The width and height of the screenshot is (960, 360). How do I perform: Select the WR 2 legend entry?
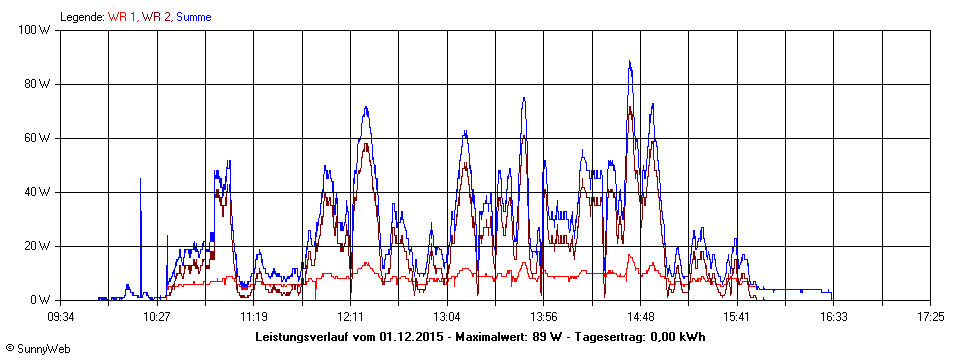coord(156,17)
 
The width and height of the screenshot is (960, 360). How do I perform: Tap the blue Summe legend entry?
coord(193,17)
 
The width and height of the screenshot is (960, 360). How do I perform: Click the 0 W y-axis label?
coord(41,300)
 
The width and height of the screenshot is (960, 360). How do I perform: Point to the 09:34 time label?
coord(61,316)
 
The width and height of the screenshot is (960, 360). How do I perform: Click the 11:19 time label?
coord(254,316)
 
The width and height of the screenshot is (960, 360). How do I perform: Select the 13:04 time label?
coord(447,316)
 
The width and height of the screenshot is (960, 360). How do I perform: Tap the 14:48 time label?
coord(640,316)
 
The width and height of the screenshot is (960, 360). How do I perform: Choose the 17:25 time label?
coord(930,316)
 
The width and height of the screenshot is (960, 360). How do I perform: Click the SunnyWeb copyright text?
coord(37,349)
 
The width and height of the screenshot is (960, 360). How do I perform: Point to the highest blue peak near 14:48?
coord(630,62)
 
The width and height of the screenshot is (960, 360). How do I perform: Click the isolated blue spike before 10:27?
coord(140,180)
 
